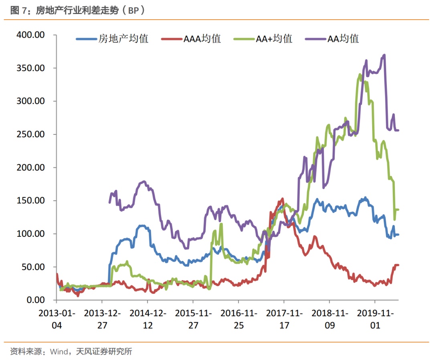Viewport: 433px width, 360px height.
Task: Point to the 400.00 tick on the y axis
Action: pyautogui.click(x=30, y=35)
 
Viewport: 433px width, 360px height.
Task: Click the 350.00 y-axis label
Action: pyautogui.click(x=30, y=68)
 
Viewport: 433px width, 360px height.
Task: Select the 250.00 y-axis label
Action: pyautogui.click(x=30, y=134)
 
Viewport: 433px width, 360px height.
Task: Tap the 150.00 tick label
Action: pyautogui.click(x=30, y=201)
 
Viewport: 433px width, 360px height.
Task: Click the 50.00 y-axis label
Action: pyautogui.click(x=32, y=267)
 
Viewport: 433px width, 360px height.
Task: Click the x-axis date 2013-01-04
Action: pyautogui.click(x=57, y=319)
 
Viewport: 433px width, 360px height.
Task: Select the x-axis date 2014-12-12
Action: pyautogui.click(x=148, y=319)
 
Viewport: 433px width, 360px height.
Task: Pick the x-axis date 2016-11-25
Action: pyautogui.click(x=239, y=319)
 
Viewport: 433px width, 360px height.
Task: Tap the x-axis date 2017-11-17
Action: pyautogui.click(x=284, y=319)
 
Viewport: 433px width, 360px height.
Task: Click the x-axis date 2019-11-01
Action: pyautogui.click(x=375, y=319)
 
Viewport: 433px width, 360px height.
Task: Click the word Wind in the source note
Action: pyautogui.click(x=59, y=352)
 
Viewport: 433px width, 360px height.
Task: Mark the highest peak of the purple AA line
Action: pyautogui.click(x=384, y=55)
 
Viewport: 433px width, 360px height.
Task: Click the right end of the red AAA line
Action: pyautogui.click(x=398, y=265)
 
